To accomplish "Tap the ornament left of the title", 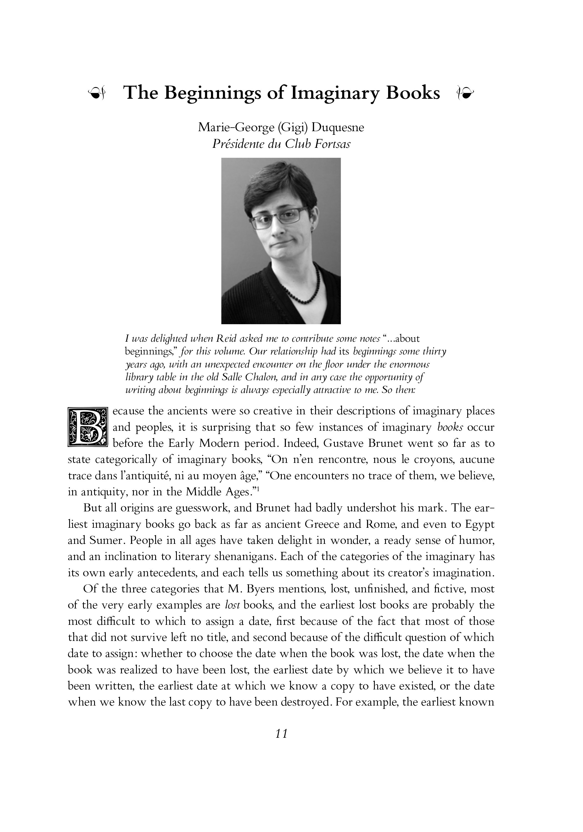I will [x=96, y=93].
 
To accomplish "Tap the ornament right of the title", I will [x=465, y=93].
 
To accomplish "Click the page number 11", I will [x=281, y=734].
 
